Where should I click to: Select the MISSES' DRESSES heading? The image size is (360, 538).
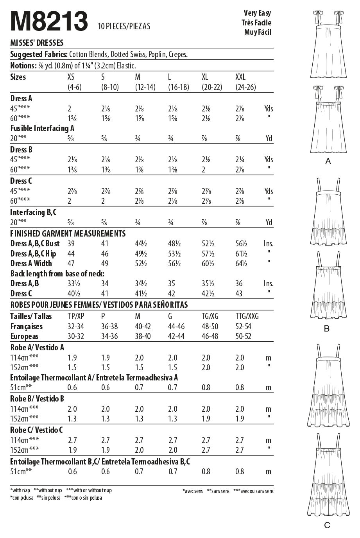point(37,43)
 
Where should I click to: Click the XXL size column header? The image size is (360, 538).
point(240,77)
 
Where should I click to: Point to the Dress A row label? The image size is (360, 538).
point(21,99)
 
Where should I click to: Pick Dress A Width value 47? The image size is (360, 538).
point(71,264)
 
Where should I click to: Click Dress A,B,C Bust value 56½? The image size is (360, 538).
point(241,244)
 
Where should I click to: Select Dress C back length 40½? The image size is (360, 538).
point(74,294)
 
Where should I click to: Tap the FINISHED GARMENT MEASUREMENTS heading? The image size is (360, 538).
point(68,233)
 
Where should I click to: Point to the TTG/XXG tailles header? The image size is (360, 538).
point(247,316)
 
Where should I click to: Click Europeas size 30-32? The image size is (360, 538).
point(76,336)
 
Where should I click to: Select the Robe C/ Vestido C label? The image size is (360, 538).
point(37,430)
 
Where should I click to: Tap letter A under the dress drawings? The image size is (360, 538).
point(328,161)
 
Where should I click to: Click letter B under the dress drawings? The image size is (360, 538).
point(327,329)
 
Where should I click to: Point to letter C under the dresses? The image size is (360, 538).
point(327,525)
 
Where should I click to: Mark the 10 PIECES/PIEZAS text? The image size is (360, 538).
point(124,27)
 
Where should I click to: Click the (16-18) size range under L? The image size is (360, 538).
point(179,87)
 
